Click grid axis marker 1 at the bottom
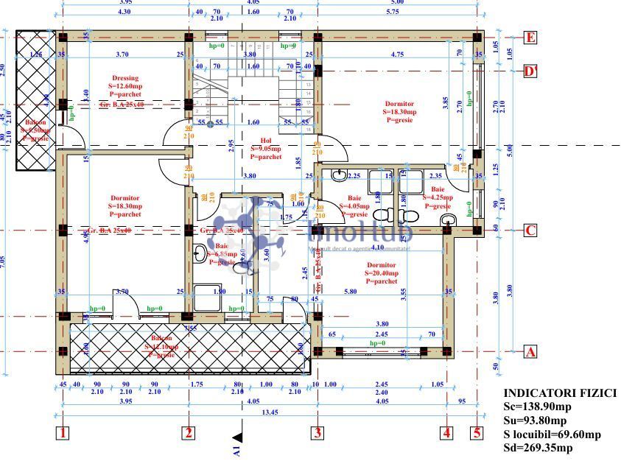pyautogui.click(x=63, y=433)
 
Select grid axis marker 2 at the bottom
pyautogui.click(x=189, y=433)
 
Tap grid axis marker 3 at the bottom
pyautogui.click(x=317, y=433)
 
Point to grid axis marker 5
pyautogui.click(x=477, y=433)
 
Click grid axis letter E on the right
pyautogui.click(x=529, y=38)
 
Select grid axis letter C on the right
pyautogui.click(x=529, y=231)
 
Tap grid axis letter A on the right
pyautogui.click(x=529, y=352)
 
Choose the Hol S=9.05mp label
pyautogui.click(x=266, y=148)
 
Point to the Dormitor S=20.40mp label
pyautogui.click(x=381, y=272)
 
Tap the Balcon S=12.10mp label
pyautogui.click(x=161, y=346)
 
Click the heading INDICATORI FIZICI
pyautogui.click(x=559, y=393)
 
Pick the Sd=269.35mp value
pyautogui.click(x=539, y=448)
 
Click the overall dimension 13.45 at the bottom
pyautogui.click(x=252, y=412)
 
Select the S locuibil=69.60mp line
pyautogui.click(x=552, y=434)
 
